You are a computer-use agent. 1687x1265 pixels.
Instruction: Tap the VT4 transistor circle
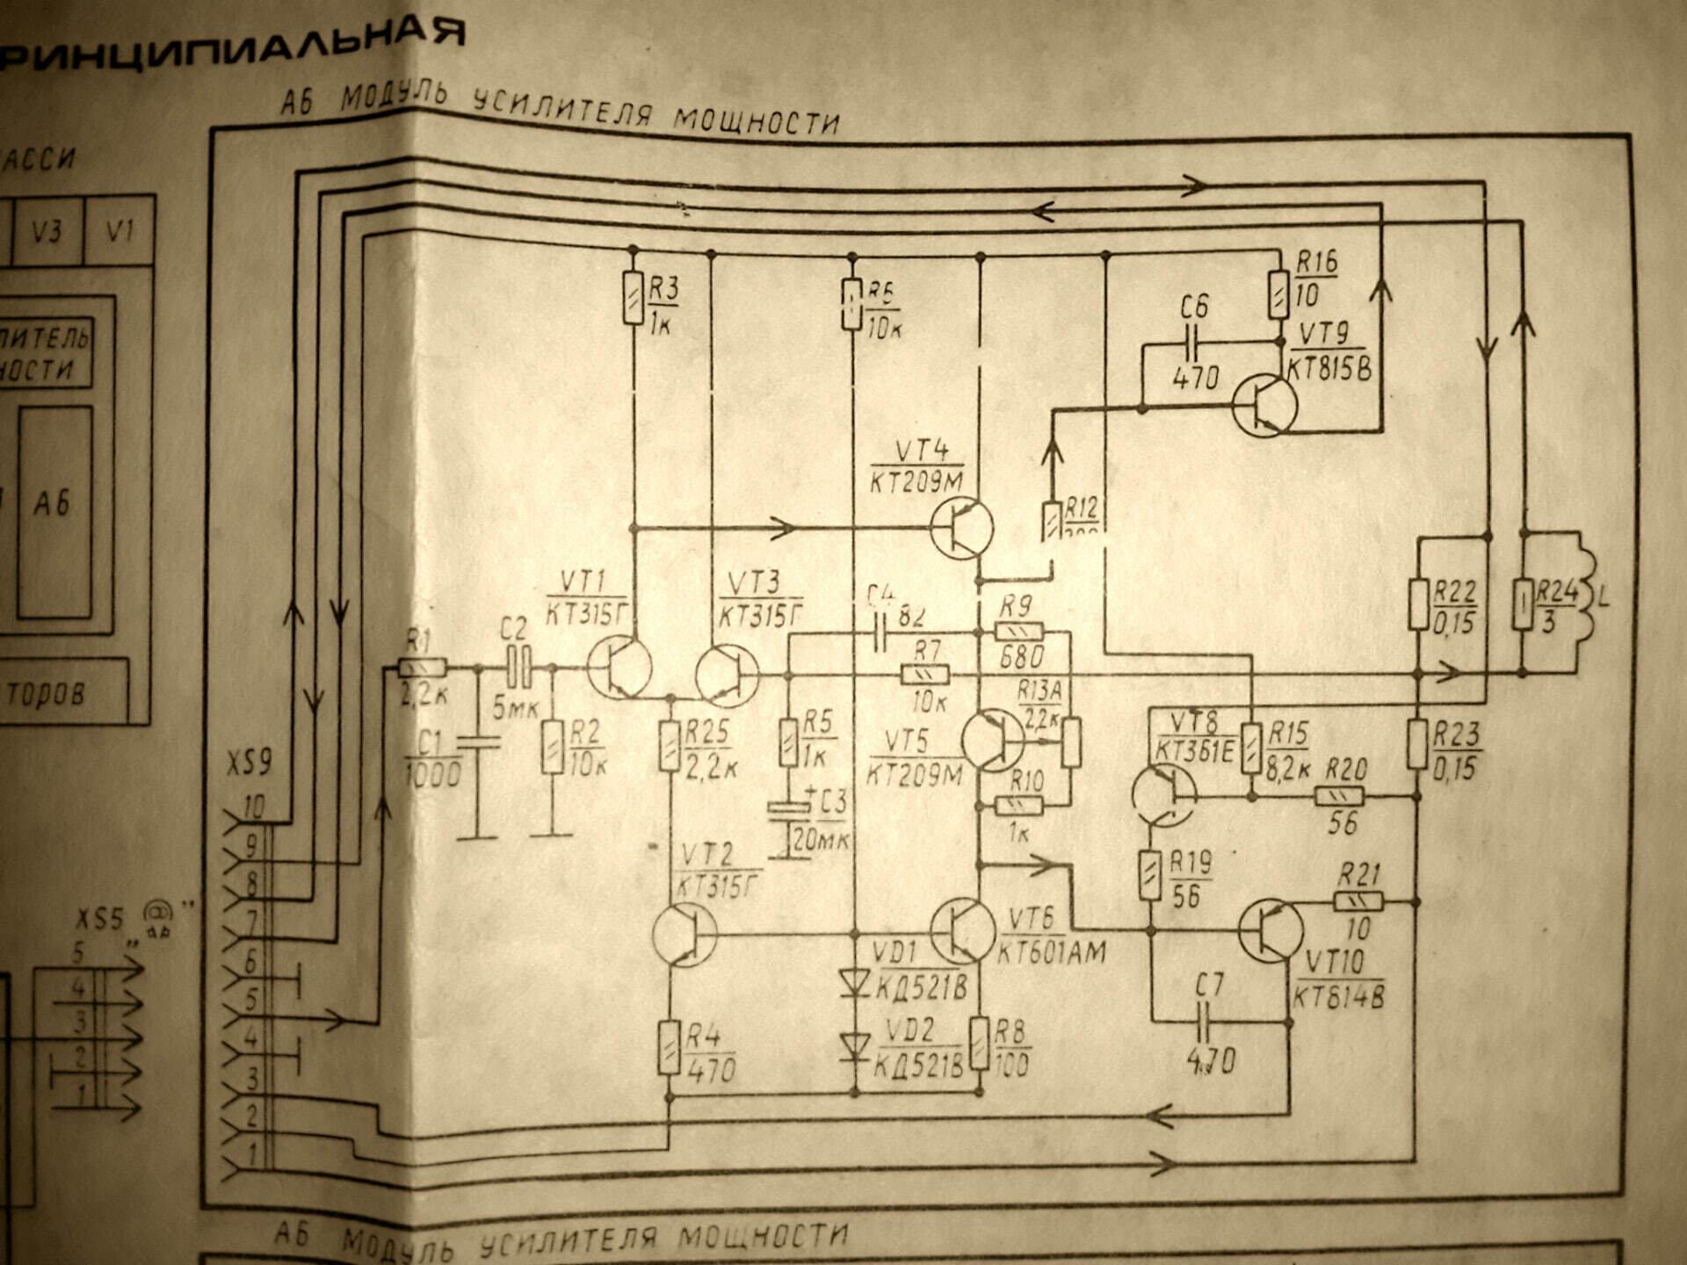[961, 528]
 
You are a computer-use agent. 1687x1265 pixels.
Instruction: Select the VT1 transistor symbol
[619, 669]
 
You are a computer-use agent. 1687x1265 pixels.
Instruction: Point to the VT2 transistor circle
[684, 935]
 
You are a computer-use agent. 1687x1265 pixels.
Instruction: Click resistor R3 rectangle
[633, 298]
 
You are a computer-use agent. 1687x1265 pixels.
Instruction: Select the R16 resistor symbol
[1279, 294]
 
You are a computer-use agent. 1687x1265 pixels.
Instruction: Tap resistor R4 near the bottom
[670, 1047]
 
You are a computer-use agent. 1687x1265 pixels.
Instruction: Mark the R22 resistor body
[1417, 604]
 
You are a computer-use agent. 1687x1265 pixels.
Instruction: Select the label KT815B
[1329, 370]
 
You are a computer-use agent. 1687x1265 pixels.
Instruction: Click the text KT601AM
[1051, 952]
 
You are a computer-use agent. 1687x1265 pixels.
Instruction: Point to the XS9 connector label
[249, 763]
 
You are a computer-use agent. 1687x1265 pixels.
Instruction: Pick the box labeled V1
[119, 231]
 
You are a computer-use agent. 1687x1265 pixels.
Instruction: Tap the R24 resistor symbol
[1523, 604]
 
